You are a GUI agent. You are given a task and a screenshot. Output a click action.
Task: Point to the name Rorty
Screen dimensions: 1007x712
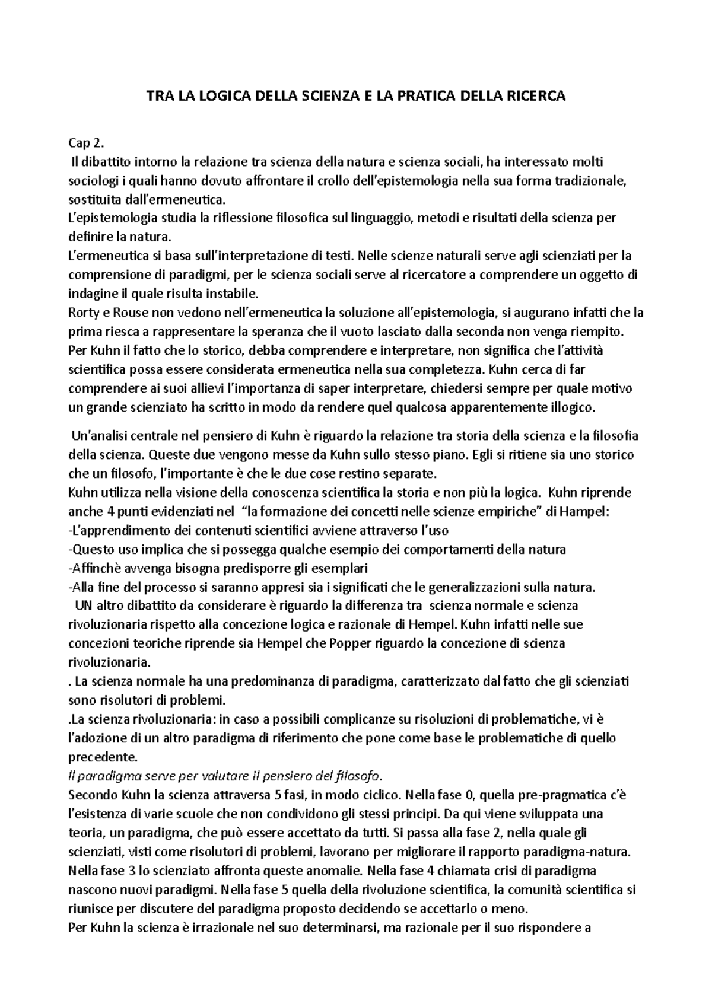(x=84, y=312)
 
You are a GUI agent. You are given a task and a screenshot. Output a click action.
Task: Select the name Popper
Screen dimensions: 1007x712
(x=361, y=643)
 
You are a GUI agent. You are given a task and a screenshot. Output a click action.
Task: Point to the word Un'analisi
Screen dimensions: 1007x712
(x=98, y=436)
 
